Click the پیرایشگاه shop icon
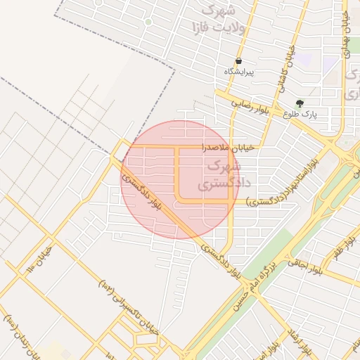coord(239,61)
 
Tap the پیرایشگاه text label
coord(239,72)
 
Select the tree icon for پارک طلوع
coord(300,103)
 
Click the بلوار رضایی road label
coord(251,104)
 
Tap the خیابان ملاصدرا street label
coord(222,148)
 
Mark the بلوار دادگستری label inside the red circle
coord(144,194)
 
